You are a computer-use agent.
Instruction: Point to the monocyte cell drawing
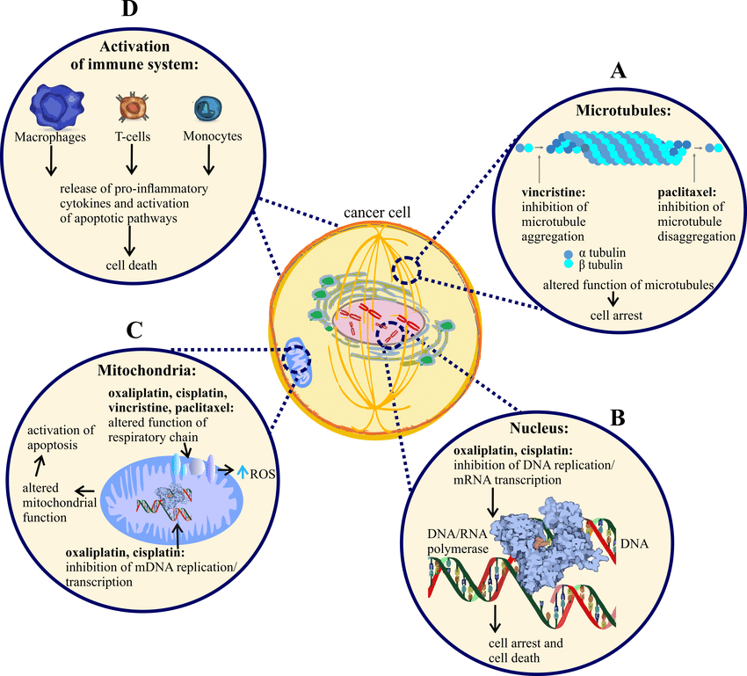coord(209,108)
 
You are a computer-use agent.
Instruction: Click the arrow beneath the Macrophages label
coord(51,160)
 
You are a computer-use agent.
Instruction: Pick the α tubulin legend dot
coord(571,252)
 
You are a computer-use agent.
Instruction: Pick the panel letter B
coord(617,416)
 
